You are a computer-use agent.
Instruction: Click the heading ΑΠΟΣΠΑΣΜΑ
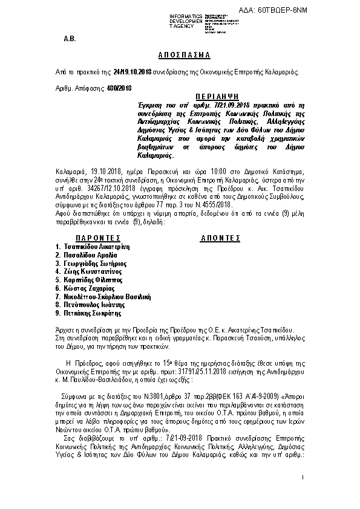(179, 55)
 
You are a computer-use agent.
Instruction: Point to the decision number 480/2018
(119, 88)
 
